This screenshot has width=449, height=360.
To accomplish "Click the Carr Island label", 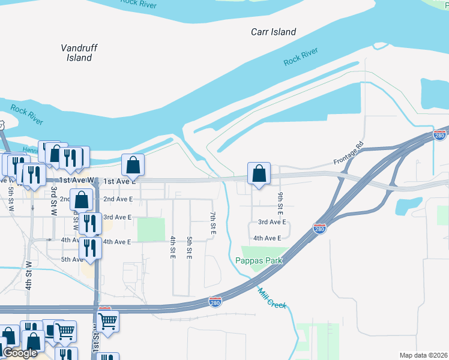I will coord(274,32).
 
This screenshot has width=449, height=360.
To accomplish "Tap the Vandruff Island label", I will coord(79,53).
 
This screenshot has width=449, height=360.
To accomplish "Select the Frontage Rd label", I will coord(350,154).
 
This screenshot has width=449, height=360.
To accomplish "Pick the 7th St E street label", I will coord(212,223).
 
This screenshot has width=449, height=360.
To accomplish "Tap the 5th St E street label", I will coord(189,248).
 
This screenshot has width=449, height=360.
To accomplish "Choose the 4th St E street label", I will coord(172,248).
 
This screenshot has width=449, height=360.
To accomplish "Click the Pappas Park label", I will coord(259,261).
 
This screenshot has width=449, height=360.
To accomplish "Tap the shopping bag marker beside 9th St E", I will coord(258,174).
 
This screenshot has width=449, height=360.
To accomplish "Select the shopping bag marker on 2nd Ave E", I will coord(81,200).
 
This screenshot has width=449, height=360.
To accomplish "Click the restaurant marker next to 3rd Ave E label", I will coord(90,223).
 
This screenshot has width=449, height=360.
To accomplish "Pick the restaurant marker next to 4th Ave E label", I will coord(90,248).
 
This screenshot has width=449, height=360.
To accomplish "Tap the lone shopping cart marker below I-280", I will coord(107,320).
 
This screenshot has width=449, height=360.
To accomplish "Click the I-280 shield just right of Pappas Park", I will coord(319,229).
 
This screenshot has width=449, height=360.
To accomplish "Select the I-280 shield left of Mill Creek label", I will coord(215,302).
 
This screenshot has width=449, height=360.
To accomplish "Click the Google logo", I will coord(20,353).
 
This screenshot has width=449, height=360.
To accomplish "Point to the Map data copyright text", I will coord(423,355).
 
